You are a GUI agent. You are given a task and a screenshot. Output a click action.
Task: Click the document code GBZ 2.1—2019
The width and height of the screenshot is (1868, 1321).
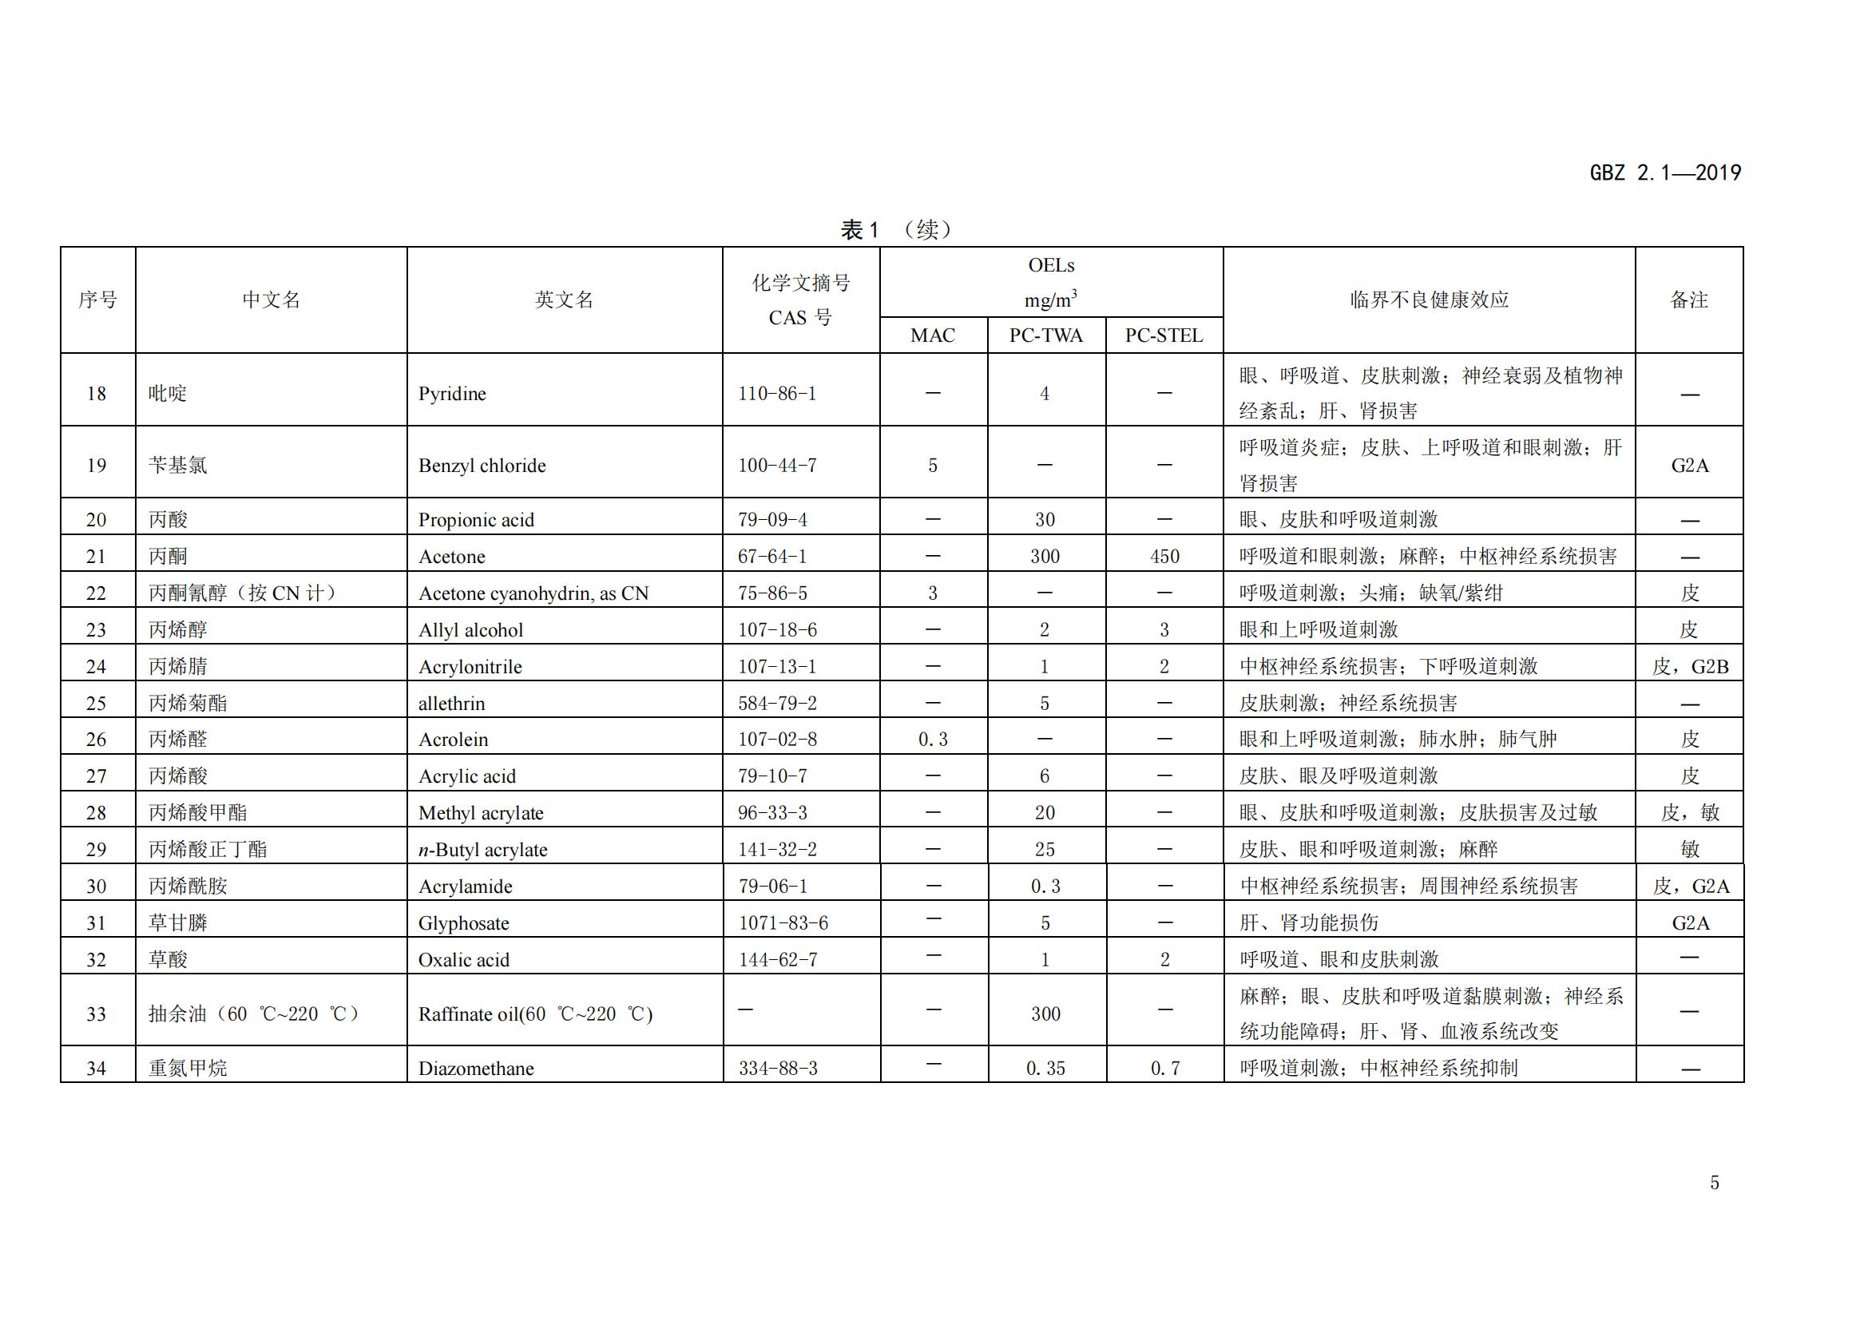tap(1664, 173)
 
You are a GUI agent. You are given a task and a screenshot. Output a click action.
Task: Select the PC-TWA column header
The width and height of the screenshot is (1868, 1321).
tap(1045, 335)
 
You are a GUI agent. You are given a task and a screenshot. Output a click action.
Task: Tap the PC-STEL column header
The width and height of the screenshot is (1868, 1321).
tap(1164, 335)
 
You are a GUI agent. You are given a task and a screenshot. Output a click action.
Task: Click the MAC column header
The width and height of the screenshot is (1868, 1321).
tap(932, 335)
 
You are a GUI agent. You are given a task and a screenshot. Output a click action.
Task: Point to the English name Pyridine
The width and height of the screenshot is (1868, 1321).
tap(451, 394)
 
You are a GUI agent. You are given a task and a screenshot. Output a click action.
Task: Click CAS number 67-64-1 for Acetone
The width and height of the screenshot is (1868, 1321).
tap(772, 557)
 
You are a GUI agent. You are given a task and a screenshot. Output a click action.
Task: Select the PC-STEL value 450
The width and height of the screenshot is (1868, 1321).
tap(1164, 557)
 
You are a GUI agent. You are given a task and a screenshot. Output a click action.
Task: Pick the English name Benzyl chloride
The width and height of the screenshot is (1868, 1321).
tap(482, 466)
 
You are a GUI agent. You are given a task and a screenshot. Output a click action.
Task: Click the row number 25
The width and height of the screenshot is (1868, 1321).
tap(96, 703)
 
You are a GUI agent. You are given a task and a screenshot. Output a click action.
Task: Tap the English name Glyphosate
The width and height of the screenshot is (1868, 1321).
tap(463, 923)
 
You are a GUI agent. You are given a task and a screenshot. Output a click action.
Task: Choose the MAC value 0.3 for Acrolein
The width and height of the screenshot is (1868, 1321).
tap(932, 740)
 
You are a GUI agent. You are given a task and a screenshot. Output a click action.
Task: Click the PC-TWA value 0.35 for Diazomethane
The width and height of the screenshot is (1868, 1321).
tap(1045, 1069)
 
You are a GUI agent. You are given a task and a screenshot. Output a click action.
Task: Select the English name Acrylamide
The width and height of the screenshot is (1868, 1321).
tap(465, 887)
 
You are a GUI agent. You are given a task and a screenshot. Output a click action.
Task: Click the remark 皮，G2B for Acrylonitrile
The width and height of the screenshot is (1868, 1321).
tap(1690, 667)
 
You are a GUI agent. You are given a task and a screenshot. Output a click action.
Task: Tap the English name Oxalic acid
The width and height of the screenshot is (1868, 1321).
tap(463, 960)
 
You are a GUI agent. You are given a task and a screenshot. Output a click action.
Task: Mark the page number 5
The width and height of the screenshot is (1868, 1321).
tap(1714, 1183)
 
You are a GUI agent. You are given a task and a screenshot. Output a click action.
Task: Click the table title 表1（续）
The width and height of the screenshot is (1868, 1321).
tap(896, 230)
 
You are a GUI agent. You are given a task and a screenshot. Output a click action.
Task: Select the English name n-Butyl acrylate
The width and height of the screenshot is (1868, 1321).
tap(482, 850)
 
